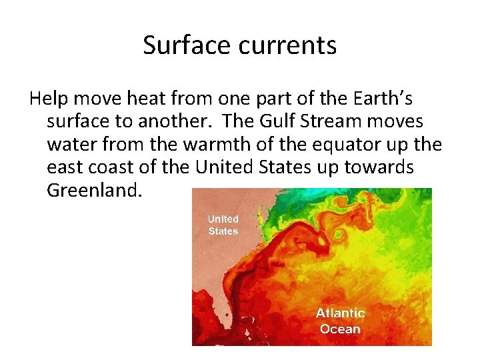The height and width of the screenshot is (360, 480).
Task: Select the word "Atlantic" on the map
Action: (340, 313)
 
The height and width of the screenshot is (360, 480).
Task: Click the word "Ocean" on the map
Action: (340, 329)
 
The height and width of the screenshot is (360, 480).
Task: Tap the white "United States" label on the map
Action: (223, 225)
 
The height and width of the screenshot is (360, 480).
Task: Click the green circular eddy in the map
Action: (341, 235)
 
